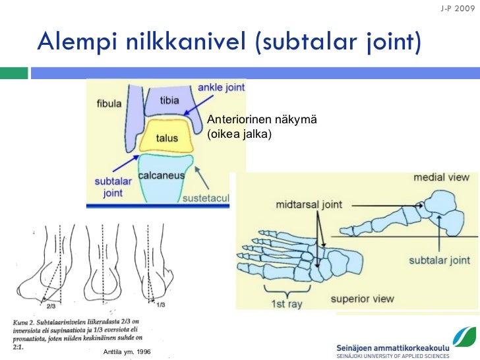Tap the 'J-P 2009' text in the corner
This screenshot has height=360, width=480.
[456, 9]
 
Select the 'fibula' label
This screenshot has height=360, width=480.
[109, 104]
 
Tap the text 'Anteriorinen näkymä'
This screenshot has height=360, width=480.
[262, 119]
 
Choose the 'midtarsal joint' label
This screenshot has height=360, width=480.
[309, 204]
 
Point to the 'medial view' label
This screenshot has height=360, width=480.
[441, 177]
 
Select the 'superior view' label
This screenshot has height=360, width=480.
[362, 298]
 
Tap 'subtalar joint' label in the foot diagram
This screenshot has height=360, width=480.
[439, 260]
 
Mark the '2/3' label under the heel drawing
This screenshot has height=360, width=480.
[51, 305]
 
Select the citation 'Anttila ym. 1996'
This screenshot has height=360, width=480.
[127, 352]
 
